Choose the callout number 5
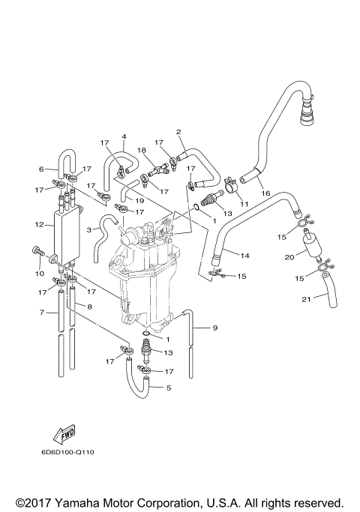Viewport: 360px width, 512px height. click(168, 388)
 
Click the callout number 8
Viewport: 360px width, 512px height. click(90, 307)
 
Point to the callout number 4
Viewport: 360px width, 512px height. click(124, 136)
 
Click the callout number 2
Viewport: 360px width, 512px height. click(178, 132)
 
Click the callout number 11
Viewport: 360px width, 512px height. click(242, 202)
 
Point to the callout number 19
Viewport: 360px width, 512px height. click(139, 201)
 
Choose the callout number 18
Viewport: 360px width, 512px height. click(142, 151)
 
